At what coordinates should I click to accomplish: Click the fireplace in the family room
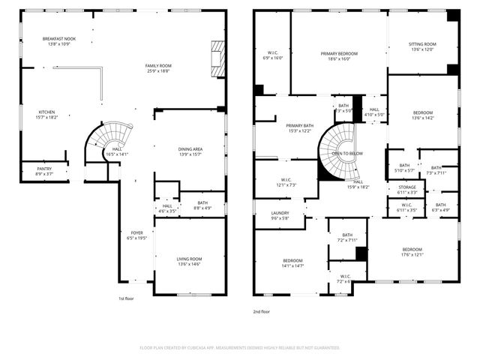pos(217,55)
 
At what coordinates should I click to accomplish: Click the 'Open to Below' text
pos(347,153)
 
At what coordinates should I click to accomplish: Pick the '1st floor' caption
pos(126,299)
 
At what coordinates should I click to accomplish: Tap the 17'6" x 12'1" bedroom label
pos(412,252)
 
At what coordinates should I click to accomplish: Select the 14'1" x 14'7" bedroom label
pos(292,262)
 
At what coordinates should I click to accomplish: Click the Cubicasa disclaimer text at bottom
pos(240,348)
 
